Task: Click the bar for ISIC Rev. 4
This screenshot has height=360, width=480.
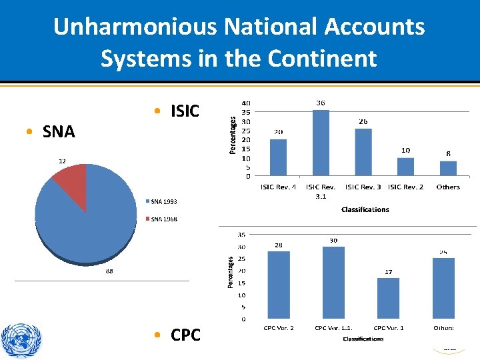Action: pyautogui.click(x=278, y=157)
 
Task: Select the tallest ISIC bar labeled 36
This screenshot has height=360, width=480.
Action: pyautogui.click(x=321, y=143)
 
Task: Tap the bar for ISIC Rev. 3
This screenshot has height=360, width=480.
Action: pyautogui.click(x=363, y=152)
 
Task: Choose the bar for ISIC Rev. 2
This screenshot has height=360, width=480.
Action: pyautogui.click(x=405, y=167)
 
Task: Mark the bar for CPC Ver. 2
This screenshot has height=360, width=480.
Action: pyautogui.click(x=278, y=285)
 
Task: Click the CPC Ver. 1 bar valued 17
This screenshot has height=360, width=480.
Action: pyautogui.click(x=388, y=298)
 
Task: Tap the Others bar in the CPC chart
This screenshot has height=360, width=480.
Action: pyautogui.click(x=443, y=288)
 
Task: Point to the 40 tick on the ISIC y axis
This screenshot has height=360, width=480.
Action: pyautogui.click(x=246, y=103)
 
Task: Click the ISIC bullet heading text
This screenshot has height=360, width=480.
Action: pyautogui.click(x=185, y=111)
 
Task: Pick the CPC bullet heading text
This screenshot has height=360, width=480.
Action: pyautogui.click(x=185, y=335)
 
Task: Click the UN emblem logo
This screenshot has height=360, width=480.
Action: pyautogui.click(x=21, y=340)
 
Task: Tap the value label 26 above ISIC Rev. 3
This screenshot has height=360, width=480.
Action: pyautogui.click(x=363, y=122)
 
